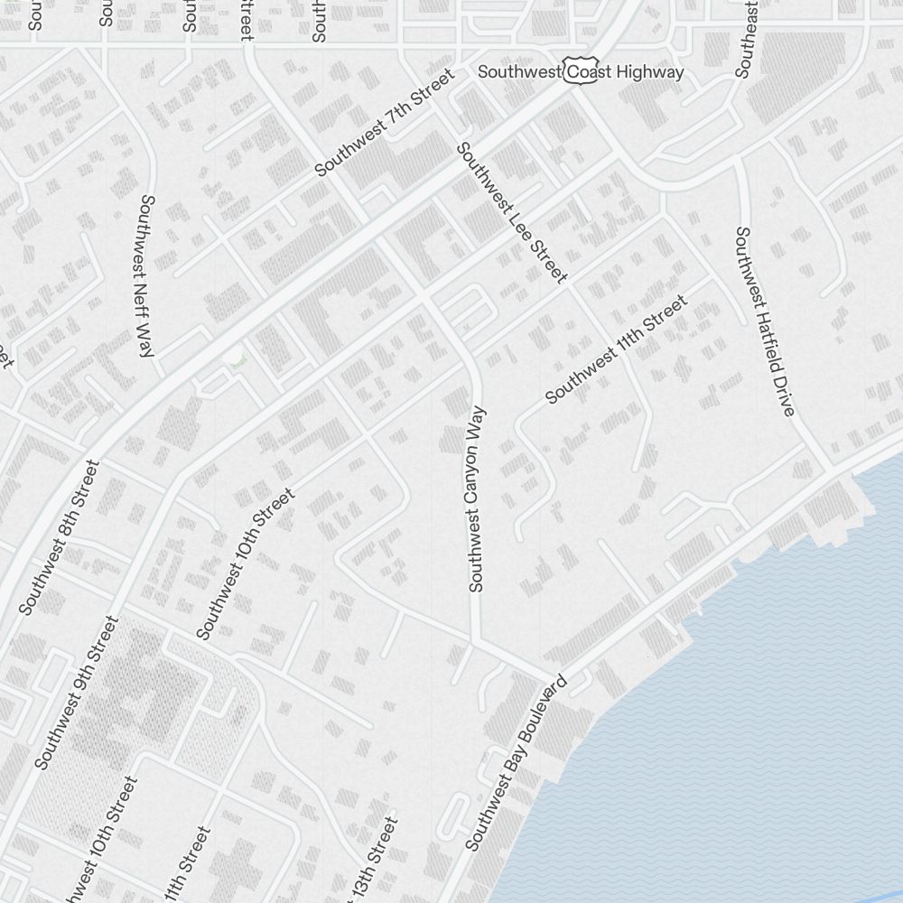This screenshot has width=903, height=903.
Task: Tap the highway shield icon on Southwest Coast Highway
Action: (x=577, y=71)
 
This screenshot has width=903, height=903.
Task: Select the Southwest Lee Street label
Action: (x=512, y=212)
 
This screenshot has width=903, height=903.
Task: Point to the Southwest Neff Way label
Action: (x=144, y=275)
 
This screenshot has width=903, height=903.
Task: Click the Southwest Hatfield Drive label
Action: (x=764, y=321)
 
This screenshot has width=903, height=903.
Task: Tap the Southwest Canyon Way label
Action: (x=476, y=498)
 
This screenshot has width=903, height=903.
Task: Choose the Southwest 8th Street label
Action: (x=58, y=536)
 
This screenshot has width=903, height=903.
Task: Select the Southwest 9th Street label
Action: (x=77, y=693)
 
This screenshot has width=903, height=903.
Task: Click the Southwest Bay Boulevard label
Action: (x=516, y=762)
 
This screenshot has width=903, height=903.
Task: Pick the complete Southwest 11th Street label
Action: (x=617, y=349)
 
